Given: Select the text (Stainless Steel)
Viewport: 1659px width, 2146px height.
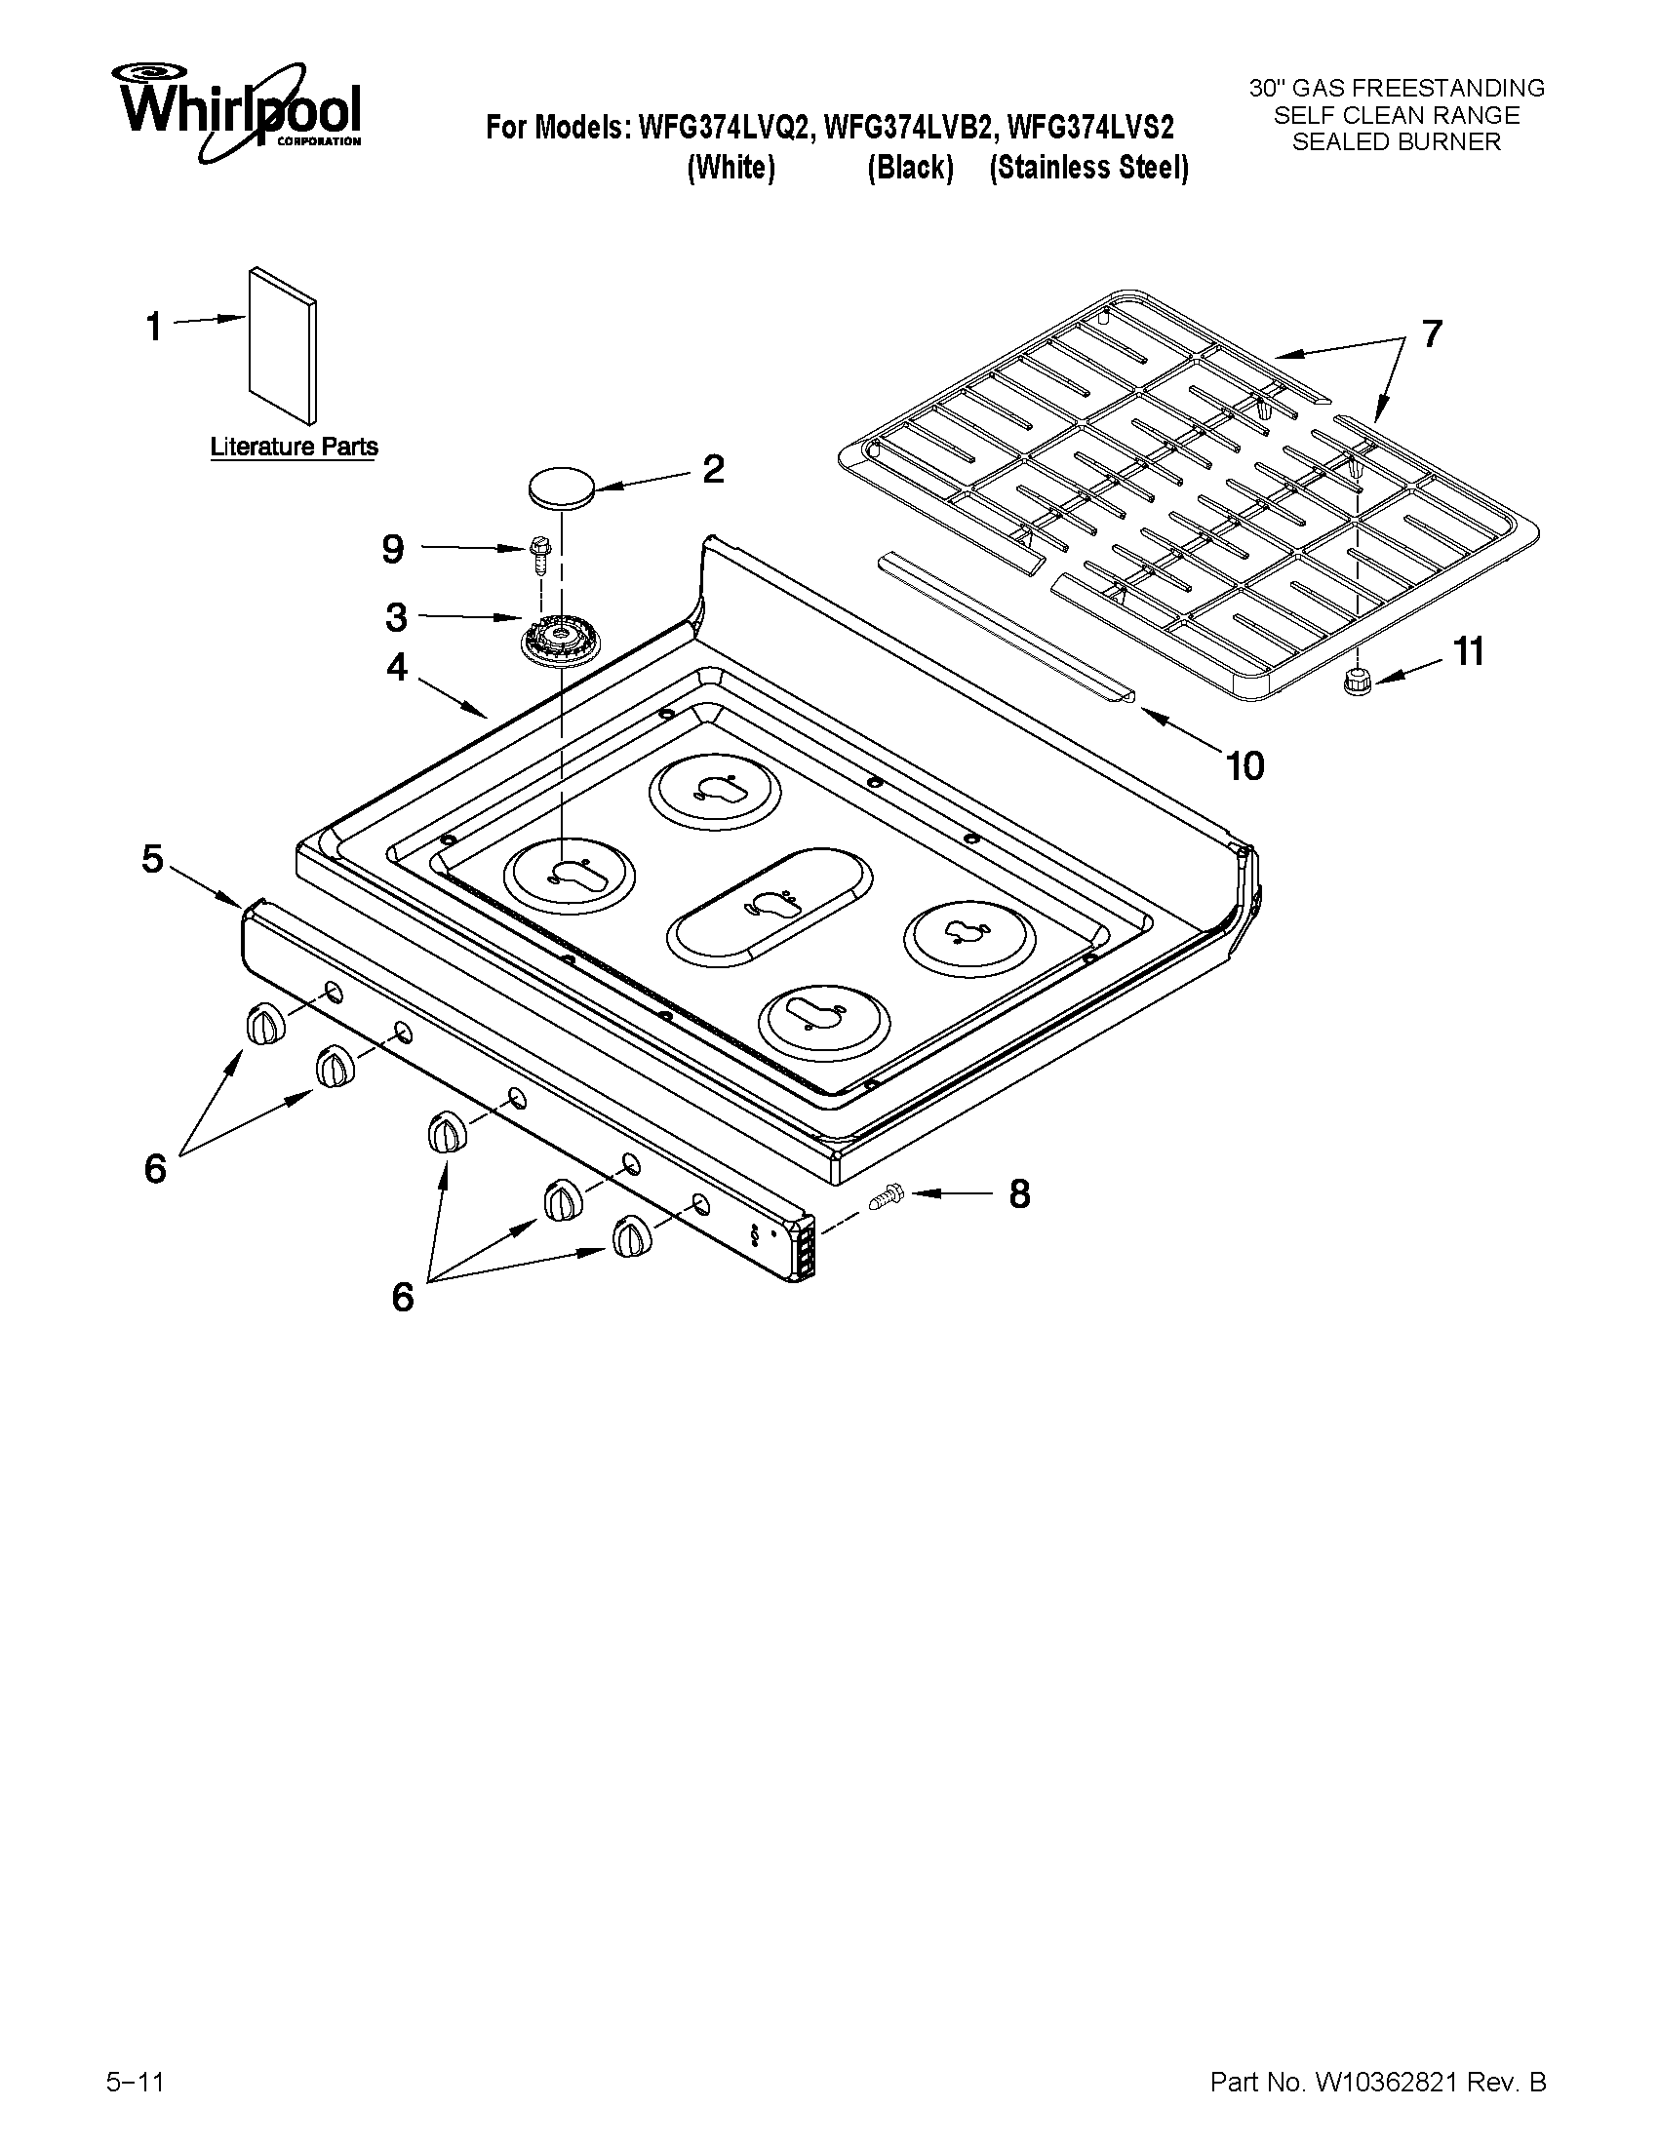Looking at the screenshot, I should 1088,168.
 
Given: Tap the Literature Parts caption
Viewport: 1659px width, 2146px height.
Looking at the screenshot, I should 294,448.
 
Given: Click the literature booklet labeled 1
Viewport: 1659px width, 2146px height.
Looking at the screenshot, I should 283,344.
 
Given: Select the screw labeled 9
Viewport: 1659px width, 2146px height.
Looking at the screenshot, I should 537,555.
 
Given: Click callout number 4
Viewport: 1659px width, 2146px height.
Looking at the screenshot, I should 396,667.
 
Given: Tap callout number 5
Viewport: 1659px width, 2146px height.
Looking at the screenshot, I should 152,859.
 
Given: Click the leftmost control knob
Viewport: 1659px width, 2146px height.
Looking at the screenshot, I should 264,1025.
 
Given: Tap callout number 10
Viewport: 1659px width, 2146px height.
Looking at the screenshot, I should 1244,766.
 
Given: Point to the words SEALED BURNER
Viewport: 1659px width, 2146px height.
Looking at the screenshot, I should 1396,142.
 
